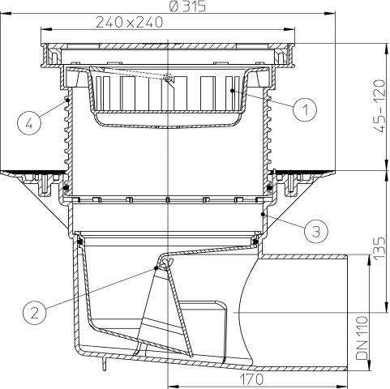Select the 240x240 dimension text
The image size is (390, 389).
[x=126, y=23]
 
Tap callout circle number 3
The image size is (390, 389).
[x=318, y=231]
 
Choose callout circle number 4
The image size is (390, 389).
[x=28, y=124]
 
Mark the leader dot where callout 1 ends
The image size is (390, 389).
[x=232, y=92]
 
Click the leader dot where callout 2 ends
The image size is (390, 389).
[x=156, y=267]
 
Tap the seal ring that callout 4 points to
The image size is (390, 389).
[x=65, y=100]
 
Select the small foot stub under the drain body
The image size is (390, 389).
[x=105, y=365]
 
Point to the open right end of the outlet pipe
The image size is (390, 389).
[x=346, y=306]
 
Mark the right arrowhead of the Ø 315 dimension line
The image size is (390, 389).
[x=333, y=14]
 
